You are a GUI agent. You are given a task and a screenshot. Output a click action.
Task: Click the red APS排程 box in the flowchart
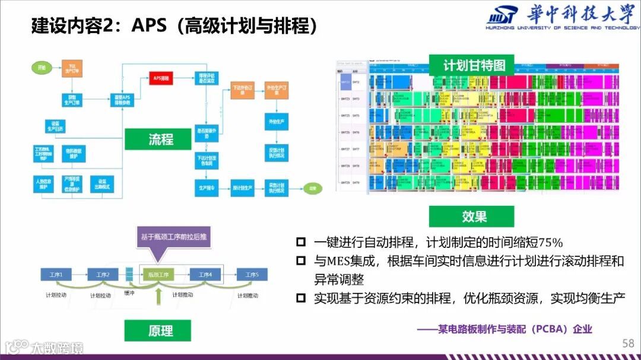click(160, 78)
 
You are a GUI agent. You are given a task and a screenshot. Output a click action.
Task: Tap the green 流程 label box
click(160, 139)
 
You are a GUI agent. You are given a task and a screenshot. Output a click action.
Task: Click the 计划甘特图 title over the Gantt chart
click(474, 65)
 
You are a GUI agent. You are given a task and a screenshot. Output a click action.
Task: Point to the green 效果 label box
click(474, 216)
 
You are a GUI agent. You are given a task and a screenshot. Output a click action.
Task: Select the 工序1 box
click(56, 274)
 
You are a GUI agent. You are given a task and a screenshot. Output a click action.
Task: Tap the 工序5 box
click(252, 274)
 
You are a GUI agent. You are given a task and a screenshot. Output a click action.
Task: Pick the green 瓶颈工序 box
click(156, 274)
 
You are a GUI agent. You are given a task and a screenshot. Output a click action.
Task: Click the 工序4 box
click(205, 274)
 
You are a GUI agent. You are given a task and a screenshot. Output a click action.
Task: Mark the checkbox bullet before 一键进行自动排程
click(301, 242)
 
